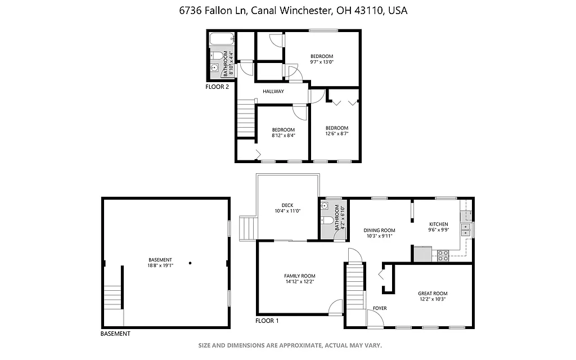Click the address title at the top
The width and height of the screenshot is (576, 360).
click(287, 11)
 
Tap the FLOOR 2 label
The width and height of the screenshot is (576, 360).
click(217, 87)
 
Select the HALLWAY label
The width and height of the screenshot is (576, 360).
click(273, 91)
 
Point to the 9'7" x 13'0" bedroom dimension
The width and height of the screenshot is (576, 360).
click(322, 62)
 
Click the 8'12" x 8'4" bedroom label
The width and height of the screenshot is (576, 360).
click(283, 136)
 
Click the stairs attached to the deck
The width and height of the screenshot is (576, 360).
click(248, 228)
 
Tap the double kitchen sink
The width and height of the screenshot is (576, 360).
click(466, 229)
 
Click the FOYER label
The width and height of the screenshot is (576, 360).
click(380, 308)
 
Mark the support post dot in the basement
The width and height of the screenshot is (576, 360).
click(191, 263)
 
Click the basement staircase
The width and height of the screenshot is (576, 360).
click(113, 297)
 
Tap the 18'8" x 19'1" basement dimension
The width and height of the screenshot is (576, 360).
click(160, 265)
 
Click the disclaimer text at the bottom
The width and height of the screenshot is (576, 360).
click(290, 345)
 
